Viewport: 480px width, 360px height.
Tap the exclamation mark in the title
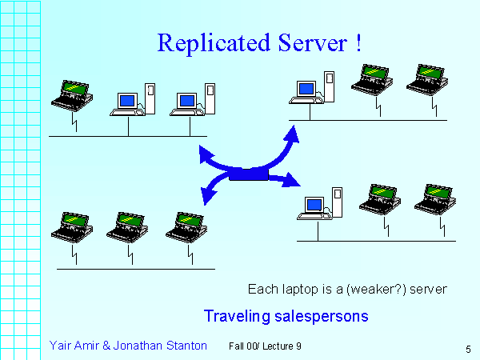[355, 42]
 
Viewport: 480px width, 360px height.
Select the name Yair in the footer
[62, 345]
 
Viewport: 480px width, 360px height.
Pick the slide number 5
[466, 349]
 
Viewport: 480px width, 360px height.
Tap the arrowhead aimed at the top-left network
[206, 153]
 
